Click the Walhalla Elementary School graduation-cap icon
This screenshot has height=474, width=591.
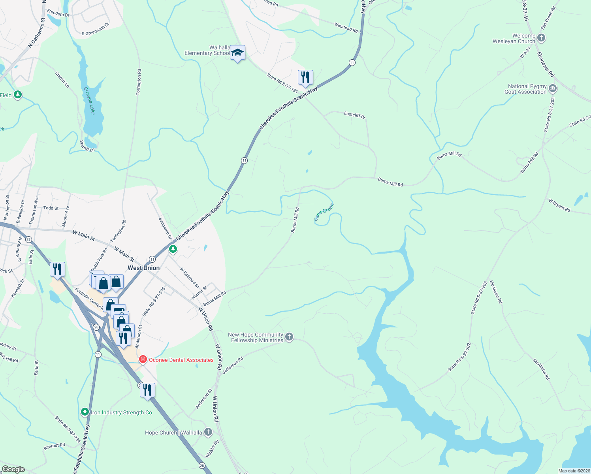(x=237, y=53)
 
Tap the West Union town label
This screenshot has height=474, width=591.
(x=143, y=268)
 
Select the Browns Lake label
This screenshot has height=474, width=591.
(x=89, y=101)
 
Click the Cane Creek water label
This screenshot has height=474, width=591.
(x=324, y=212)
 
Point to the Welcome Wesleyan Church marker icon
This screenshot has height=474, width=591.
(x=541, y=38)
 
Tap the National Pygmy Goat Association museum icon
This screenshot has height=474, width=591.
(x=553, y=89)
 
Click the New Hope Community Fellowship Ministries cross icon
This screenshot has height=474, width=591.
(x=289, y=337)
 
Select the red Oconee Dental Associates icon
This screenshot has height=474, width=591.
(x=143, y=359)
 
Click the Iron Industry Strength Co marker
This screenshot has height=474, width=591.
(x=85, y=412)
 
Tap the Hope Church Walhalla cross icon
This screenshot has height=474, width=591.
(x=208, y=432)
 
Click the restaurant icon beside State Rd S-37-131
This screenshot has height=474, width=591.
(x=305, y=77)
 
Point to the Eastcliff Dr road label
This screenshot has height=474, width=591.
(x=355, y=115)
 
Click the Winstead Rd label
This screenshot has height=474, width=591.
(x=346, y=28)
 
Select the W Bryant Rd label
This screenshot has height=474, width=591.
(x=559, y=205)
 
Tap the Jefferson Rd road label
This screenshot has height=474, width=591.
(x=233, y=366)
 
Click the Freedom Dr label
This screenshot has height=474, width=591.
(x=58, y=13)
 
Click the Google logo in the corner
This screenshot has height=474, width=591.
(x=13, y=469)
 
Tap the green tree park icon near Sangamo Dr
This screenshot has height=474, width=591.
(x=173, y=249)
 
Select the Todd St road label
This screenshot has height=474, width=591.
(x=51, y=208)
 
